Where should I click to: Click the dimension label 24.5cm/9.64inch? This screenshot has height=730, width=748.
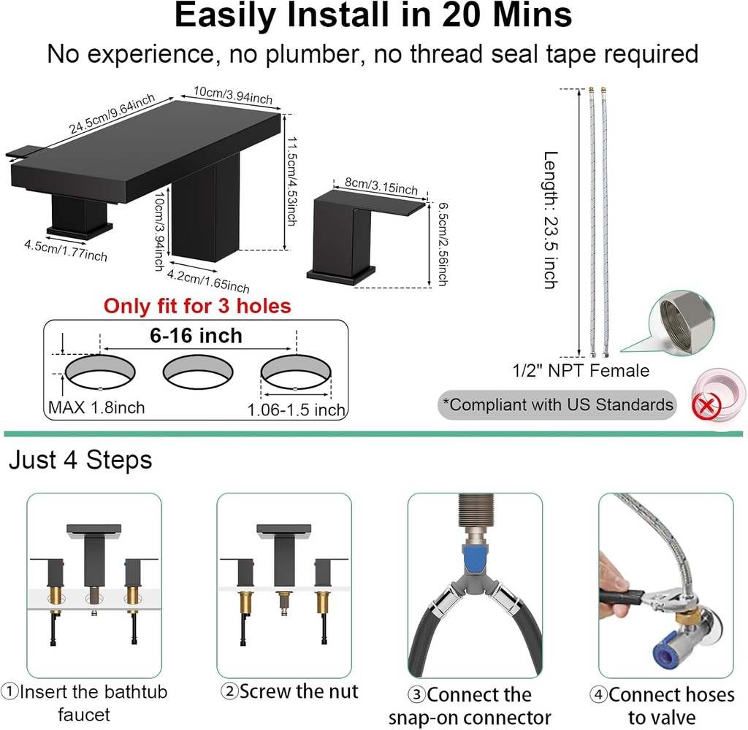(x=112, y=114)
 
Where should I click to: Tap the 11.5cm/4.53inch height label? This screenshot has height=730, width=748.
(x=291, y=181)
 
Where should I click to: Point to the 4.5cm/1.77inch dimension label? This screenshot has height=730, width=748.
(x=66, y=251)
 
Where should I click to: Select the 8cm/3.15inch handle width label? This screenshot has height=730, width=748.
(x=381, y=186)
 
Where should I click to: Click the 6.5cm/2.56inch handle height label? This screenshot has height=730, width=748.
(x=443, y=244)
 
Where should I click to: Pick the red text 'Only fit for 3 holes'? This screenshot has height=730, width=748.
(x=197, y=306)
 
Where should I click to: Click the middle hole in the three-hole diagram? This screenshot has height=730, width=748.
(x=198, y=372)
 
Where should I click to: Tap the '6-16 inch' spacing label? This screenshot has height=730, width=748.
(x=196, y=336)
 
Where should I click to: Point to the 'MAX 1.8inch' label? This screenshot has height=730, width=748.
(x=96, y=407)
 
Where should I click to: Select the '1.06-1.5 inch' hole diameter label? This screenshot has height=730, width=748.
(x=297, y=410)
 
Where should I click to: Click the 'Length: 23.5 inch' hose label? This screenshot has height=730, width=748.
(x=551, y=220)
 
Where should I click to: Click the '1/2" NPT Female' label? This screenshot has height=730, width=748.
(x=581, y=371)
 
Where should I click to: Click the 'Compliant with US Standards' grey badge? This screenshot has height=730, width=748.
(x=557, y=405)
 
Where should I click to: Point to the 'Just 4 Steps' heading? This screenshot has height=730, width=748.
(x=80, y=460)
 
